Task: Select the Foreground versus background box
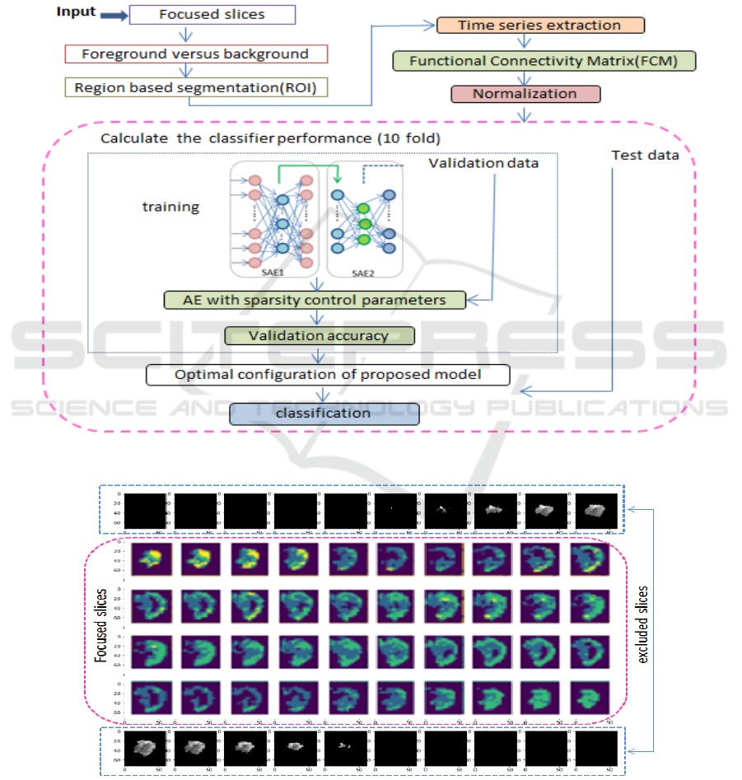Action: coord(195,54)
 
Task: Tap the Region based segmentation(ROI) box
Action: coord(195,88)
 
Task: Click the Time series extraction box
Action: coord(540,26)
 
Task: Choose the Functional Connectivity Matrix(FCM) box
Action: coord(544,61)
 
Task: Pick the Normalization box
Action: coord(525,93)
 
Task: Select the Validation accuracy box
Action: coord(320,336)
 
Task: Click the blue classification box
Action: coord(324,413)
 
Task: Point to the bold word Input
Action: coord(76,12)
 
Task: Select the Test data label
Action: coord(645,155)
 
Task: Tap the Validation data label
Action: coord(483,163)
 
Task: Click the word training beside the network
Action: coord(170,207)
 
